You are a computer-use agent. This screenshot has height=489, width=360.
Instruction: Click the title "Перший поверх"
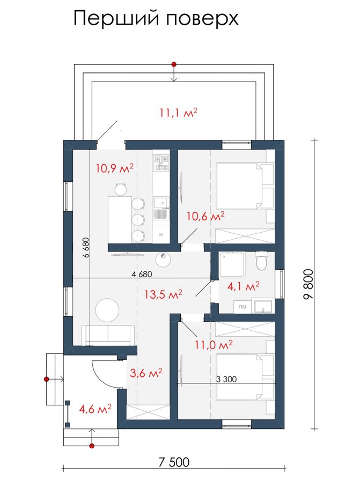(156, 19)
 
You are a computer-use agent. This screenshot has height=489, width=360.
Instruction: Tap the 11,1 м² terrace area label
(179, 113)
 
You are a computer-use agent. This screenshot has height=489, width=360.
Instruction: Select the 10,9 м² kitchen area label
(115, 168)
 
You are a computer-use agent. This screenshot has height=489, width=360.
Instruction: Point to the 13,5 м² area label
(163, 294)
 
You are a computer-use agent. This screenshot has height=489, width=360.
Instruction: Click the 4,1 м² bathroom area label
(244, 286)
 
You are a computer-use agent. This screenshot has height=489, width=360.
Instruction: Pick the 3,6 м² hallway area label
(146, 372)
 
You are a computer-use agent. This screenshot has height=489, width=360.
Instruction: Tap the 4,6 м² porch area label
(95, 409)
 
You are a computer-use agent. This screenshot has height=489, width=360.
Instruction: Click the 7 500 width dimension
(174, 462)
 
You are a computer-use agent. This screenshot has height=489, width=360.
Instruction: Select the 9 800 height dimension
(308, 284)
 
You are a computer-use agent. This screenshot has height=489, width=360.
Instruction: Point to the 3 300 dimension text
(226, 379)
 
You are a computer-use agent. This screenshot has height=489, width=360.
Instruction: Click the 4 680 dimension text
(142, 274)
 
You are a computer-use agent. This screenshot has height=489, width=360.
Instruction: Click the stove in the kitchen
(161, 162)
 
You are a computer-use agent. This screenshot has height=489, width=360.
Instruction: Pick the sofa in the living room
(108, 335)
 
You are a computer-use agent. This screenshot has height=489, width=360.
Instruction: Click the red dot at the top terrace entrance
(174, 64)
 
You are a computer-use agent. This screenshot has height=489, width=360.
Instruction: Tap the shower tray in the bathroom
(232, 264)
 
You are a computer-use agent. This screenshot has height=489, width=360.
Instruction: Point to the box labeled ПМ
(243, 307)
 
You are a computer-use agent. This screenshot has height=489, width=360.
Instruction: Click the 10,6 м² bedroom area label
(205, 216)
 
